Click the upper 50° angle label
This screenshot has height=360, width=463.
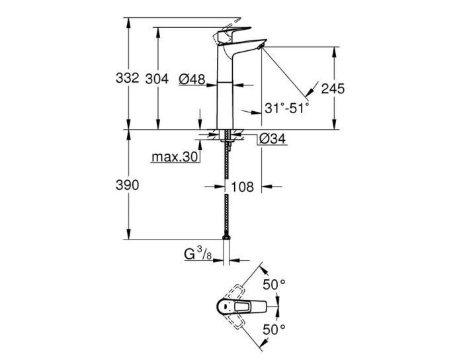pyautogui.click(x=274, y=285)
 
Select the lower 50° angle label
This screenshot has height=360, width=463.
pyautogui.click(x=274, y=329)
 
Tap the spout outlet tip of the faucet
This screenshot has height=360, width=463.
pyautogui.click(x=261, y=45)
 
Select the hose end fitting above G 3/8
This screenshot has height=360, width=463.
pyautogui.click(x=226, y=237)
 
